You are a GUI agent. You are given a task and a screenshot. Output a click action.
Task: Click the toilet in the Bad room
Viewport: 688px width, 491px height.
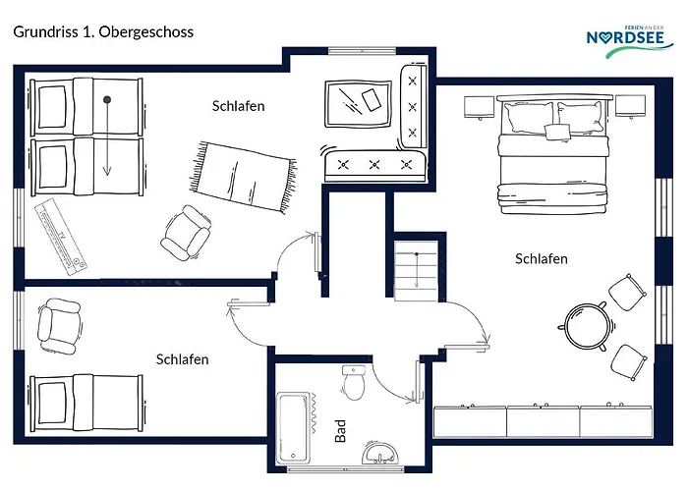pos(354,382)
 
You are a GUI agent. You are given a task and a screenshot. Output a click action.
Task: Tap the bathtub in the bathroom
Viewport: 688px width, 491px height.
pos(293,428)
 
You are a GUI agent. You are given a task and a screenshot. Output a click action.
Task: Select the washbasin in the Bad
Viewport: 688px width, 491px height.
pos(380,453)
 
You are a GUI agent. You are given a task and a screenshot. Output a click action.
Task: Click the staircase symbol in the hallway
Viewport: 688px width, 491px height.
pos(416,271)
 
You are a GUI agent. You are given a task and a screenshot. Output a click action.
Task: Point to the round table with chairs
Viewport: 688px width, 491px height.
pos(587,326)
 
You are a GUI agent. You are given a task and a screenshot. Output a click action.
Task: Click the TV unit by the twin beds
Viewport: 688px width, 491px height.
pos(61,237)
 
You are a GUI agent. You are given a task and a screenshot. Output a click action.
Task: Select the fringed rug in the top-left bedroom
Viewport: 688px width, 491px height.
pos(243,177)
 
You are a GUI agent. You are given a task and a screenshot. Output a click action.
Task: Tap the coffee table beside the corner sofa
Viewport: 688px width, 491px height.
pos(358,104)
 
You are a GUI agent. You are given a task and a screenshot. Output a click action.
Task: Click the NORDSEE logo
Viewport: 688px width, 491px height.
pos(630,41)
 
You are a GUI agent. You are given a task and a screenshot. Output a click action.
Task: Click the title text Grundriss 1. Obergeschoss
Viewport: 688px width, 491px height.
pos(103,32)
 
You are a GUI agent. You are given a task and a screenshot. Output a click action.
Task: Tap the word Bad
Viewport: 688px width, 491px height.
pos(340,431)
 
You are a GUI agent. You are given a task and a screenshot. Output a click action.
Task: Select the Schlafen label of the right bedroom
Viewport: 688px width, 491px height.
pos(541,258)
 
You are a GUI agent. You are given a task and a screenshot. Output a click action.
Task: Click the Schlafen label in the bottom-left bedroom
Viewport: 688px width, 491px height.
pos(182,359)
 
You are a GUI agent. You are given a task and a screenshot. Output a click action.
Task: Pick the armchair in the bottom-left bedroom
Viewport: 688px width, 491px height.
pos(60,325)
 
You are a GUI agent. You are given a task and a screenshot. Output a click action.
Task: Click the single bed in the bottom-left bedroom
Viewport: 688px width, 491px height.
pos(86,403)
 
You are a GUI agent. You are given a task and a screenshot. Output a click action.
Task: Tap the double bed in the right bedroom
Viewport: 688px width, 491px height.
pos(553,154)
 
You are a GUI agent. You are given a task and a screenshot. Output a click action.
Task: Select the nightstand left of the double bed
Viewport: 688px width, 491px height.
pos(480,107)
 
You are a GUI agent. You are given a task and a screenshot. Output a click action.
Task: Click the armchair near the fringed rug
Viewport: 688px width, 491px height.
pos(186,233)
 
